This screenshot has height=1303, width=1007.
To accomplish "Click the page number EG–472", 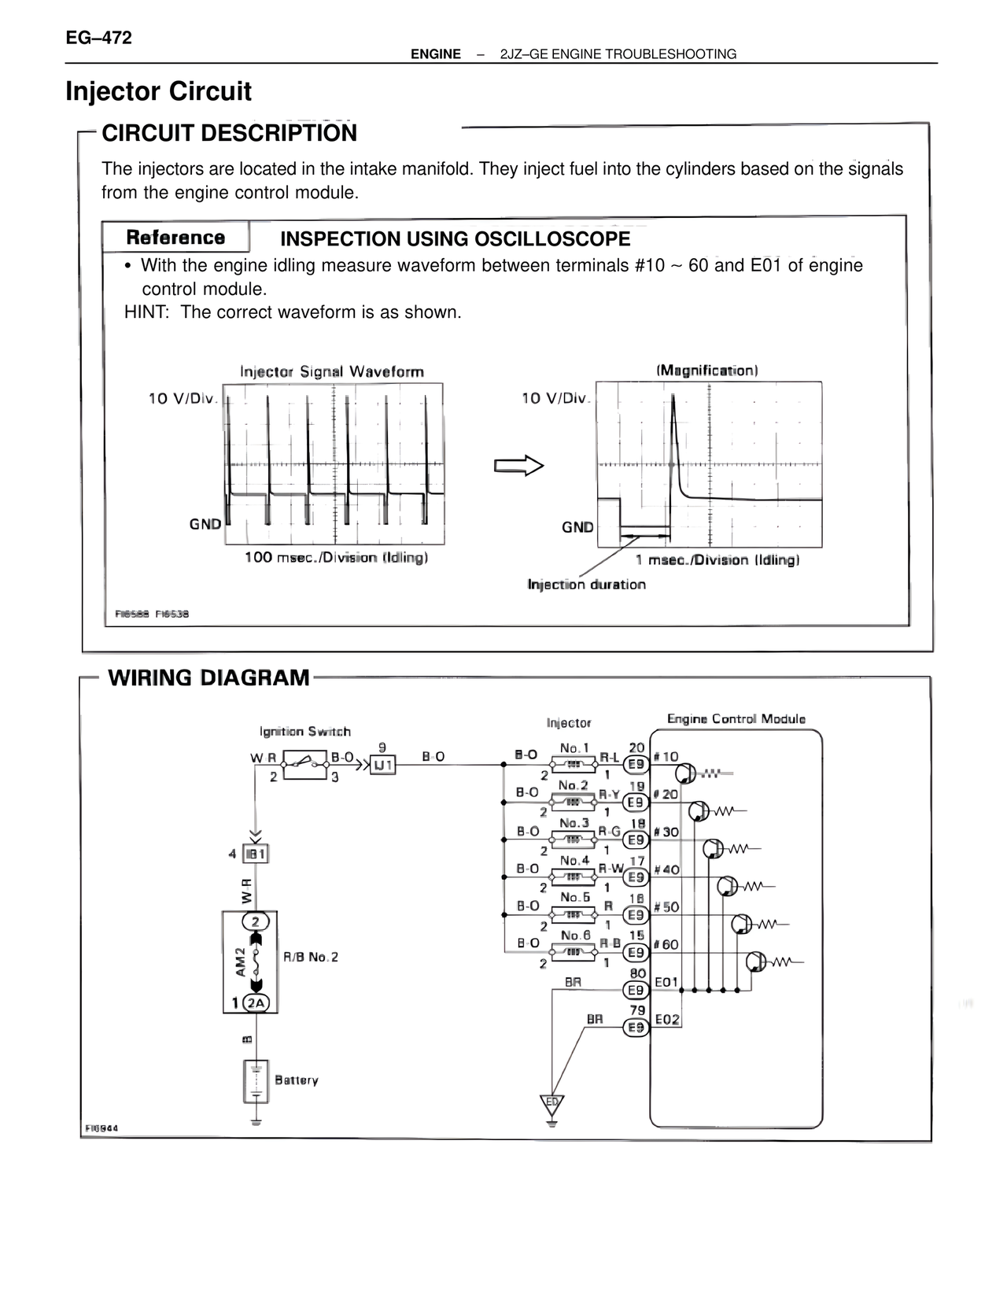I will pos(98,38).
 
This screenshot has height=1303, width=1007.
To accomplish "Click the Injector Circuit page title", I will pos(158,91).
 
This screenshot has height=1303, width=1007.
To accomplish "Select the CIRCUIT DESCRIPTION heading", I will pos(229,133).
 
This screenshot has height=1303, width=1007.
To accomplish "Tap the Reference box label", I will pos(175,238).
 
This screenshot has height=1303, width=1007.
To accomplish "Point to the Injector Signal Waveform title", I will pos(331,371).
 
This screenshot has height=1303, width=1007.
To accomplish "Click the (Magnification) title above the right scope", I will pos(706,370).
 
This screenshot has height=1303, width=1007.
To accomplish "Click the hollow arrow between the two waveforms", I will pos(518,466).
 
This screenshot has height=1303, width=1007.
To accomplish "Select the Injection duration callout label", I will pos(586,585).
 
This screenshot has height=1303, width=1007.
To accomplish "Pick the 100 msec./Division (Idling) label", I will pos(336,558).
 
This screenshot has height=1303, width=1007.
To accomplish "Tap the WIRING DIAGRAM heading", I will pos(208,677).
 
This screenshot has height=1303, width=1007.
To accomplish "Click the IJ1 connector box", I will pos(383,764).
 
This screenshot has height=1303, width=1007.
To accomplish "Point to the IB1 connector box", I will pos(256,854).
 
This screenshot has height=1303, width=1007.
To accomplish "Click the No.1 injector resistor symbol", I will pos(574,763).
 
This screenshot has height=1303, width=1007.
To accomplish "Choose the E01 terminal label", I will pos(666,982).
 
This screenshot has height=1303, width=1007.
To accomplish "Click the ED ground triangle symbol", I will pos(551,1104).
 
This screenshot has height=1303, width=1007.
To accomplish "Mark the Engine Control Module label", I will pos(736,719).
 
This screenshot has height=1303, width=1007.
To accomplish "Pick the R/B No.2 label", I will pos(310,958).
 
